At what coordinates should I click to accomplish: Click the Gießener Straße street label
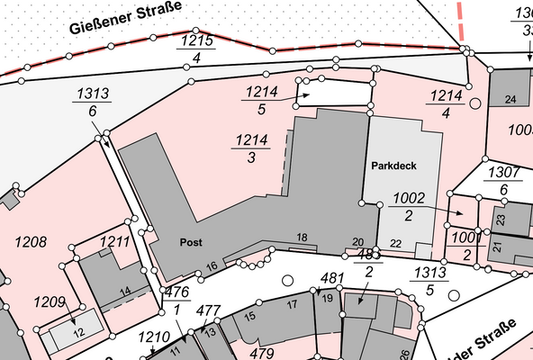click(x=125, y=17)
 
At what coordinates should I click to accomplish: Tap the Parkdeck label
click(x=393, y=166)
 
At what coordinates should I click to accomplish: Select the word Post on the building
click(x=190, y=243)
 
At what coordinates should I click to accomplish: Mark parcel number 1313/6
click(x=93, y=101)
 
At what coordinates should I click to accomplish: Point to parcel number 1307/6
click(x=504, y=180)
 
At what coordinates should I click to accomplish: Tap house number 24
click(x=510, y=99)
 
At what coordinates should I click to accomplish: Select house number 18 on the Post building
click(x=303, y=238)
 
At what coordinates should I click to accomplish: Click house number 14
click(x=125, y=290)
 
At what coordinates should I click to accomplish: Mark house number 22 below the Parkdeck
click(x=396, y=244)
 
